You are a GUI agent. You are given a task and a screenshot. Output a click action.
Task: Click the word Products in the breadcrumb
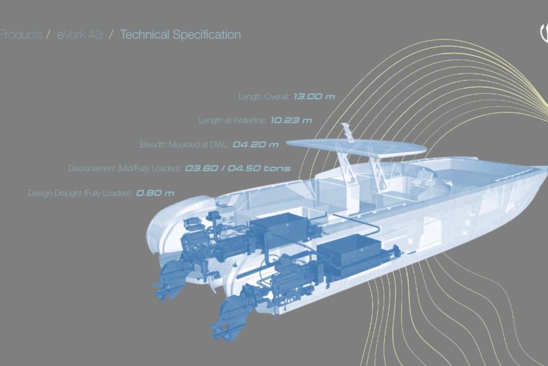click(x=21, y=35)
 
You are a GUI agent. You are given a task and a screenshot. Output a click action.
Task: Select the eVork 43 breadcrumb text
click(x=80, y=35)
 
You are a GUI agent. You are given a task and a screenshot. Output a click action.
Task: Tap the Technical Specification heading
click(x=180, y=35)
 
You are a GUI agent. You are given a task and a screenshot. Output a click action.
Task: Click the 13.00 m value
click(x=314, y=97)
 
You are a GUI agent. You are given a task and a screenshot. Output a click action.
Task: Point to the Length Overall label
click(x=264, y=97)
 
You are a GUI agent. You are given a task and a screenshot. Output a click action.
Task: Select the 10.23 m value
click(x=291, y=120)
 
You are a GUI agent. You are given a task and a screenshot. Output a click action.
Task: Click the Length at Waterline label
click(x=233, y=120)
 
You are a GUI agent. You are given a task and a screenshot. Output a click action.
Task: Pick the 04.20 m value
click(x=255, y=144)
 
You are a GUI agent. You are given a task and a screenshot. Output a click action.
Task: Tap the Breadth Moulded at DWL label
click(x=185, y=144)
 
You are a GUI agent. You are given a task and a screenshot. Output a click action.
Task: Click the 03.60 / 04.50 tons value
click(x=238, y=168)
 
